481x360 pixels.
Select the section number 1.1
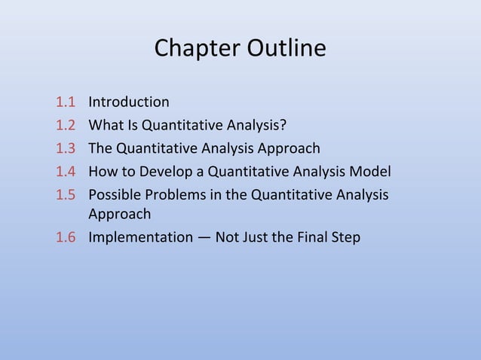click(x=66, y=102)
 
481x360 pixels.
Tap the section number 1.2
click(x=66, y=124)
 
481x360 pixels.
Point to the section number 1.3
click(x=66, y=148)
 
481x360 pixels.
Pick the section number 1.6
click(x=66, y=238)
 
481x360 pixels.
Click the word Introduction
click(x=129, y=102)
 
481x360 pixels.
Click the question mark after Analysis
click(x=283, y=124)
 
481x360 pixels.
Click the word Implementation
click(x=140, y=238)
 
